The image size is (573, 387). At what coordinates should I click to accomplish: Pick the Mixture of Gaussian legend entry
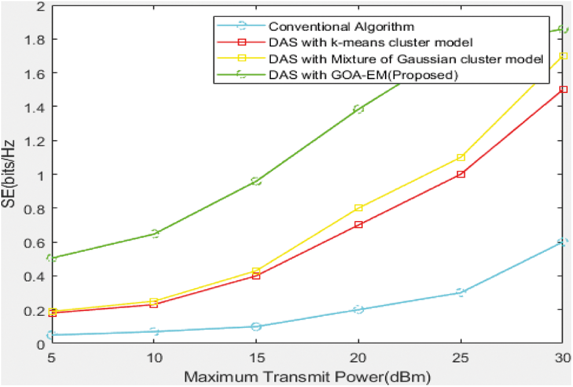pyautogui.click(x=405, y=58)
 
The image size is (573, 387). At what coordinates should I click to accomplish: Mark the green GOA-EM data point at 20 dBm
pyautogui.click(x=358, y=109)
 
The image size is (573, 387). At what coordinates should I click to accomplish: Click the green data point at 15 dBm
pyautogui.click(x=256, y=181)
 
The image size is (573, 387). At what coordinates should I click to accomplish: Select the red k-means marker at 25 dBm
pyautogui.click(x=461, y=174)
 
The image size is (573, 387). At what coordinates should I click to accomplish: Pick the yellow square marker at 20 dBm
pyautogui.click(x=358, y=208)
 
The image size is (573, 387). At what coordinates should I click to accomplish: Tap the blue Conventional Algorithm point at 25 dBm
pyautogui.click(x=461, y=293)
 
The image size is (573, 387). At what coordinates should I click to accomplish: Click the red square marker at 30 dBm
pyautogui.click(x=563, y=90)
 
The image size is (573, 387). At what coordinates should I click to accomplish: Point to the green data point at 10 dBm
pyautogui.click(x=155, y=234)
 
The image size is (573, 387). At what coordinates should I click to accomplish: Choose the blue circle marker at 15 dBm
pyautogui.click(x=256, y=326)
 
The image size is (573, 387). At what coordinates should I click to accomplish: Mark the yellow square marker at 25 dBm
pyautogui.click(x=461, y=157)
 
